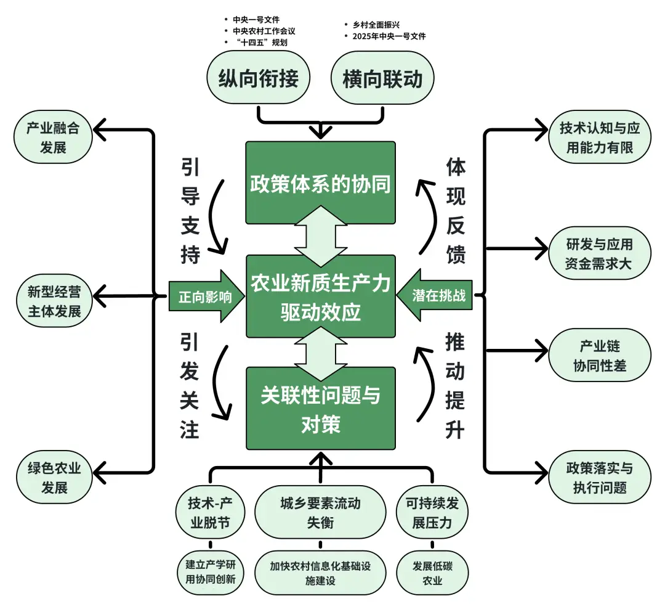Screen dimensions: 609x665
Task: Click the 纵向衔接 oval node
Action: pos(259,79)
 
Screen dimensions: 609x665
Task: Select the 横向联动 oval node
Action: pos(382,79)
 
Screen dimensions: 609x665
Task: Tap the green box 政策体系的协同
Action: pos(320,183)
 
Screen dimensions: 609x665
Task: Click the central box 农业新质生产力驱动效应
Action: pos(320,296)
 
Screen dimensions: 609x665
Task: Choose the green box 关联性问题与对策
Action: pos(320,409)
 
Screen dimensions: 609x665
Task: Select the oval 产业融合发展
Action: pos(55,138)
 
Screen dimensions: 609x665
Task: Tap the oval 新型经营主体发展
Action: pos(55,301)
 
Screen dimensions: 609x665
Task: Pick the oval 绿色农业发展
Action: pos(55,478)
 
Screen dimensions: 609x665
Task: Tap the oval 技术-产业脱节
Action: pos(210,513)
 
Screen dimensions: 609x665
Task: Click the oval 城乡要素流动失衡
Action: pos(320,513)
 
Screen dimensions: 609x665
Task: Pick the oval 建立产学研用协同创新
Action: pos(210,573)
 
